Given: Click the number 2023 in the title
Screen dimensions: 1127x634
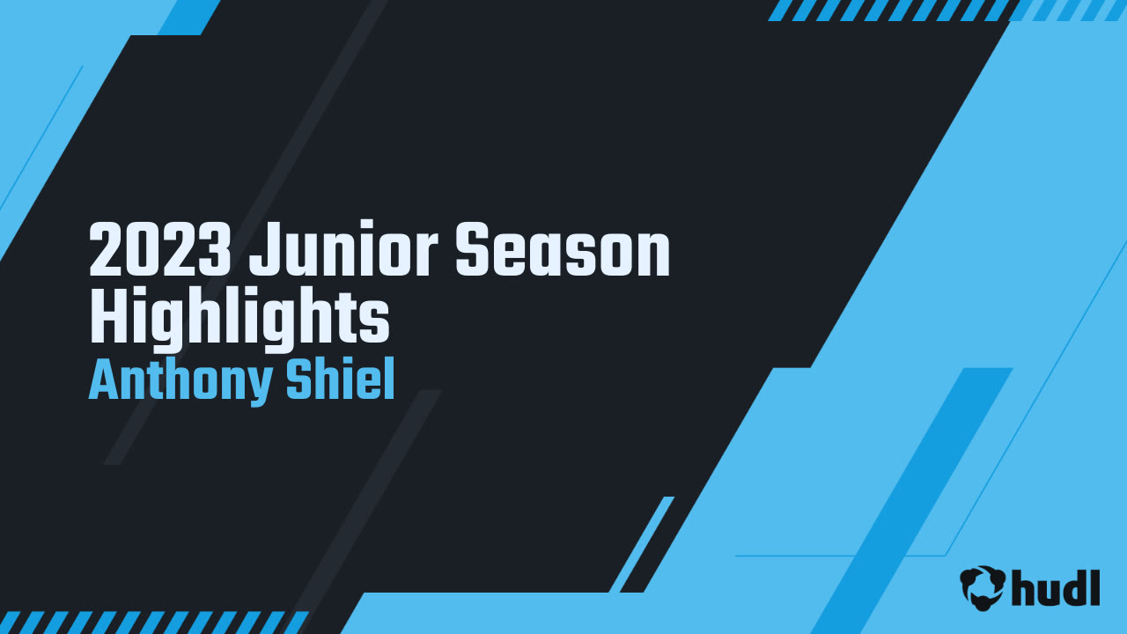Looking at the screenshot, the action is pos(160,249).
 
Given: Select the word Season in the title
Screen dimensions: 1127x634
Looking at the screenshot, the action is pos(563,249).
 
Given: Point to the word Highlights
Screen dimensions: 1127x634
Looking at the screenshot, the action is pos(239,318).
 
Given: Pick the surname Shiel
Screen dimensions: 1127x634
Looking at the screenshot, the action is pos(341,379).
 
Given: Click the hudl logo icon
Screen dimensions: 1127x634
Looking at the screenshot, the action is pos(983,587).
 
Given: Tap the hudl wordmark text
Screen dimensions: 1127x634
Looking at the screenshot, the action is pos(1056,587).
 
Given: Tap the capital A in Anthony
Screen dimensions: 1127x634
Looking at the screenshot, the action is pos(104,380).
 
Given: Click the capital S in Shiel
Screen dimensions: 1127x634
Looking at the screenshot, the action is pos(299,380).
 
